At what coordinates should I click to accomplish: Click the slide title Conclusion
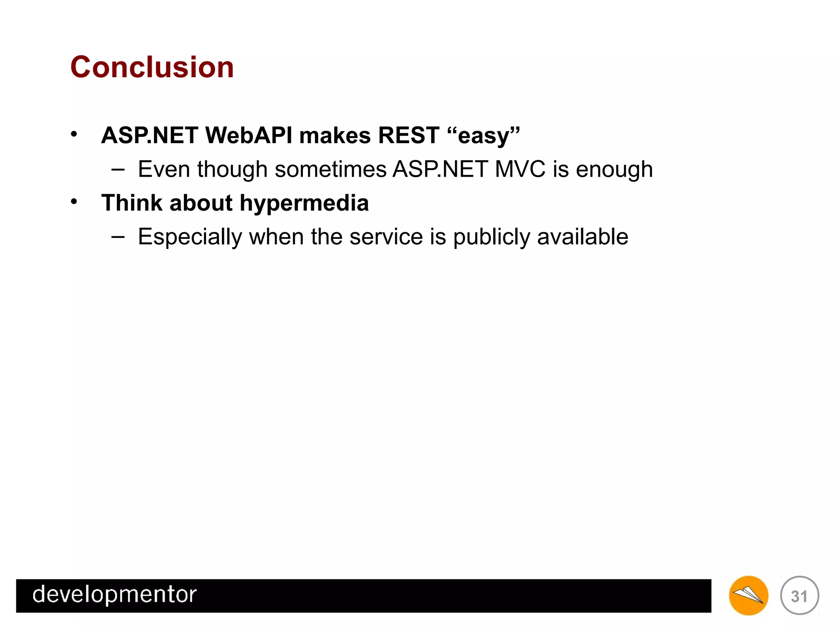coord(152,67)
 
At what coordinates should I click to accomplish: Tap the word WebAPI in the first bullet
coord(248,135)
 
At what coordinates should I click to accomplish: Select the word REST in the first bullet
coord(408,135)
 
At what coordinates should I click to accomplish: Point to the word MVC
coord(520,169)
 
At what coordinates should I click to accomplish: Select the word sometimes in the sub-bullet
coord(330,169)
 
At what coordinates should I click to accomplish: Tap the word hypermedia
coord(304,204)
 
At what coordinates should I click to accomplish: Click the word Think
coord(132,203)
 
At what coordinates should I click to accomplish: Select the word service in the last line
coord(386,237)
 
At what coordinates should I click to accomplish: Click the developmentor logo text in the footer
coord(114,594)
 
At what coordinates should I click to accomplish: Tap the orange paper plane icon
coord(748,595)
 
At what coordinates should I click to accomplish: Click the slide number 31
coord(799,596)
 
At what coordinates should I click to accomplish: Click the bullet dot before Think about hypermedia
coord(74,201)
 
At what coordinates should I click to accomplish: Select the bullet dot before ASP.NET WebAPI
coord(74,134)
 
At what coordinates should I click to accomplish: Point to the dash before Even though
coord(118,169)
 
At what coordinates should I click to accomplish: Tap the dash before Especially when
coord(118,236)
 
